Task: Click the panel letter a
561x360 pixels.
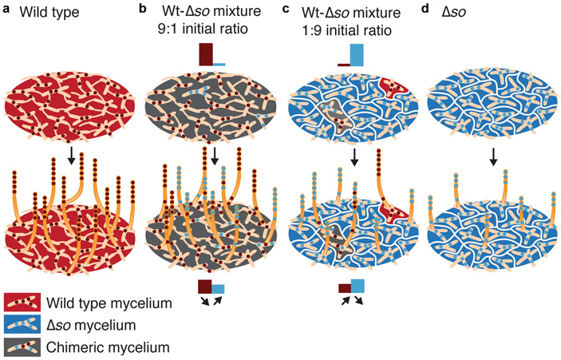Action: point(8,10)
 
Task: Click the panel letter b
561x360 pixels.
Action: point(143,10)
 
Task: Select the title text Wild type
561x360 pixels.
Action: point(46,12)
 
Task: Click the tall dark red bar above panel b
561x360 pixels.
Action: point(206,54)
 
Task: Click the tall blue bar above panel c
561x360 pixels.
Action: point(357,54)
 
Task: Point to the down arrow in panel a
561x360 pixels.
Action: point(71,157)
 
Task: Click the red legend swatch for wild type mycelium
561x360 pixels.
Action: point(23,303)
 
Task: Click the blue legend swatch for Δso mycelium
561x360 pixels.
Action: point(23,325)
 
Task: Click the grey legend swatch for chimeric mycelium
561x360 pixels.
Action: point(23,346)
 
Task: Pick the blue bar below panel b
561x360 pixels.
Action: point(218,289)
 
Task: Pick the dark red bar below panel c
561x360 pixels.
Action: point(345,289)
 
